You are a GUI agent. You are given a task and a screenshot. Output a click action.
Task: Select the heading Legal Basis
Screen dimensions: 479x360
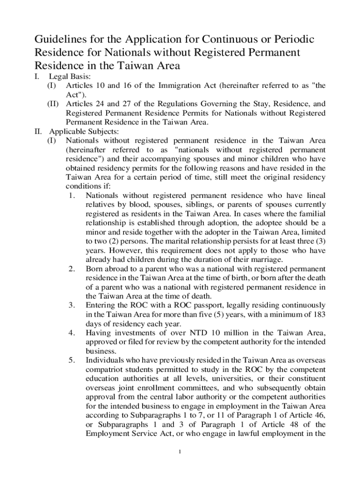pyautogui.click(x=70, y=77)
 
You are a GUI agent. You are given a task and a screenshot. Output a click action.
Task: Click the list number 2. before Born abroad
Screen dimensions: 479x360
pyautogui.click(x=72, y=269)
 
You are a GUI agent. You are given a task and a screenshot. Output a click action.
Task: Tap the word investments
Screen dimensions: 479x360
pyautogui.click(x=134, y=333)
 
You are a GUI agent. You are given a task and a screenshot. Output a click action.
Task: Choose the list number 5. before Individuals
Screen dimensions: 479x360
pyautogui.click(x=72, y=360)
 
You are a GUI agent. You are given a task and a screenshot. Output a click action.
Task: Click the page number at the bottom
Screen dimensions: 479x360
pyautogui.click(x=180, y=452)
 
